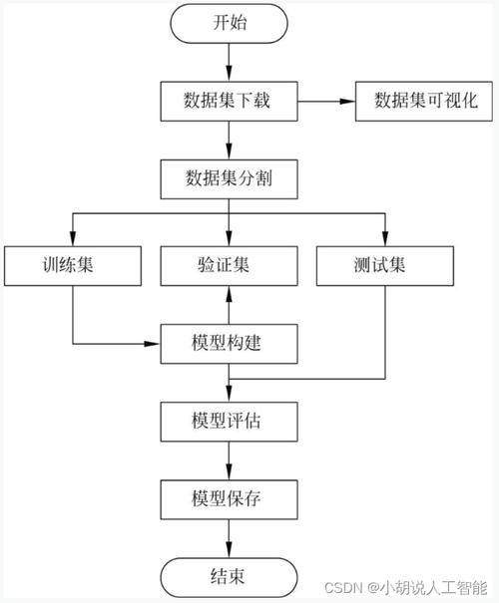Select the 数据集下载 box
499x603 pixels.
(x=230, y=101)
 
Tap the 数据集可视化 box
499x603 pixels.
(x=425, y=101)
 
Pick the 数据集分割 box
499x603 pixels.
(x=230, y=180)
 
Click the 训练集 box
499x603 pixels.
(x=71, y=266)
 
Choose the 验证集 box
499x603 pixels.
(x=230, y=266)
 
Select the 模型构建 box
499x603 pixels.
(x=230, y=345)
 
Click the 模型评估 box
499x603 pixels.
(x=230, y=422)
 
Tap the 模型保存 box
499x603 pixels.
(x=230, y=498)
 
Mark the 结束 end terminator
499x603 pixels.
(x=230, y=575)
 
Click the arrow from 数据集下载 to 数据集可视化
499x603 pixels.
(x=326, y=101)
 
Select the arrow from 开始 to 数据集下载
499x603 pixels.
(x=230, y=62)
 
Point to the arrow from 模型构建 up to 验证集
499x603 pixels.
(x=230, y=306)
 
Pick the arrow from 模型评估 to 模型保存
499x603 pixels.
(x=230, y=459)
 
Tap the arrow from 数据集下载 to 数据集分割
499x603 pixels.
(x=230, y=141)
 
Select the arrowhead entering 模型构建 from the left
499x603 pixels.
(x=155, y=345)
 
